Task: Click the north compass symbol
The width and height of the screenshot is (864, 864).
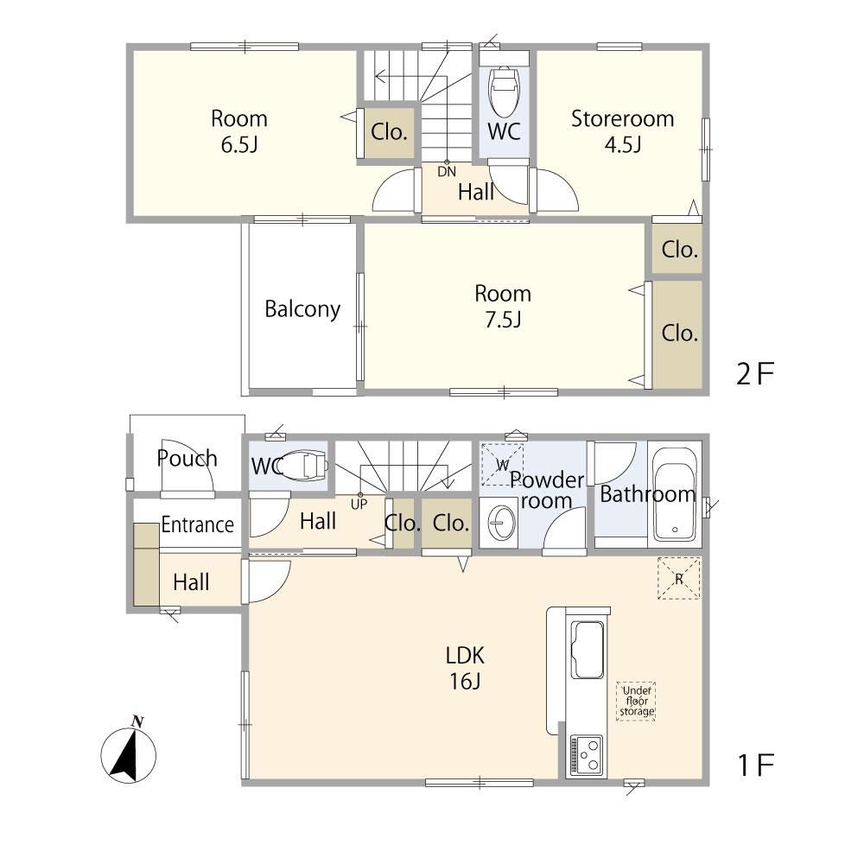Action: (x=129, y=753)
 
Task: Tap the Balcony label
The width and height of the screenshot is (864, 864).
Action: (x=302, y=309)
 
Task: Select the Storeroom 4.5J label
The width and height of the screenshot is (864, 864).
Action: (x=623, y=131)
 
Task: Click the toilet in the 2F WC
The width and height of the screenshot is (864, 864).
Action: (x=505, y=87)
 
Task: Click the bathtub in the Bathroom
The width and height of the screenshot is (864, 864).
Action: (x=675, y=493)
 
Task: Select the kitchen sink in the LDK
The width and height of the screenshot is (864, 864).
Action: (x=588, y=650)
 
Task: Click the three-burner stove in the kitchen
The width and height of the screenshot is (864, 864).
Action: (x=587, y=756)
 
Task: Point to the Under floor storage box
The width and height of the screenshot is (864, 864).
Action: (x=636, y=701)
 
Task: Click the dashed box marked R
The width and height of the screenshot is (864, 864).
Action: (x=679, y=578)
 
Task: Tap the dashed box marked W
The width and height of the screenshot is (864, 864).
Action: (x=503, y=465)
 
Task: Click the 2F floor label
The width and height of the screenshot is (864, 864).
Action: (x=755, y=373)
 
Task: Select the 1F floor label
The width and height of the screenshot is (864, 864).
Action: (x=756, y=765)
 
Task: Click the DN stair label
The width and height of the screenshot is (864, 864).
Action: (x=447, y=171)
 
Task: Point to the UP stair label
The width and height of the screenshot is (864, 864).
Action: (x=359, y=504)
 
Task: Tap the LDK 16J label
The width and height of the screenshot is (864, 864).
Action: (x=465, y=669)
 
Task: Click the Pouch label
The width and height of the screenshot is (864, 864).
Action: (x=187, y=459)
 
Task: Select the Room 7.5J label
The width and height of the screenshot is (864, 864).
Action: (x=503, y=307)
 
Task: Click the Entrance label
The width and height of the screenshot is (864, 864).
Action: (x=197, y=524)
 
